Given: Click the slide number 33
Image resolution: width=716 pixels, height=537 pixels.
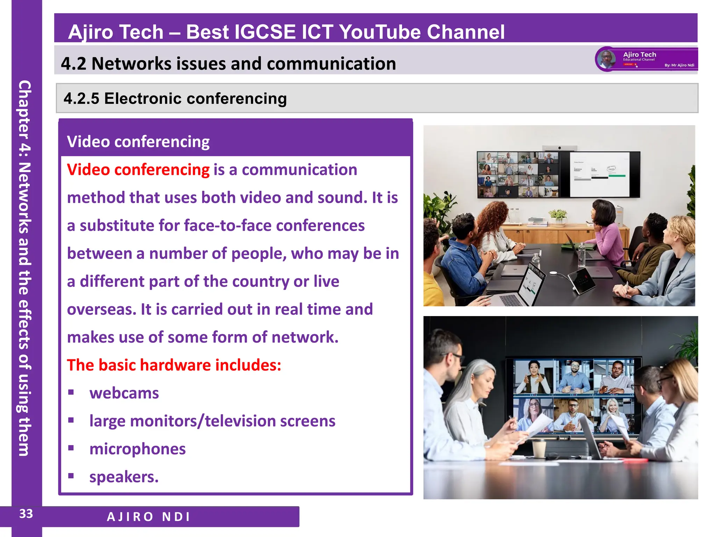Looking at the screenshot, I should click(26, 514).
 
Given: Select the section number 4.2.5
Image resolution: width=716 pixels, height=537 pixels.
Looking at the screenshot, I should click(81, 99).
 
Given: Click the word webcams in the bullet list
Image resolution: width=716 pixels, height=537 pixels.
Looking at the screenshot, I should click(124, 393).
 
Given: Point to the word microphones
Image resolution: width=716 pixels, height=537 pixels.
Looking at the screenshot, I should click(137, 449).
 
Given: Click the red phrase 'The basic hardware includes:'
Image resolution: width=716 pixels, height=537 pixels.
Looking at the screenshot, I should click(174, 365).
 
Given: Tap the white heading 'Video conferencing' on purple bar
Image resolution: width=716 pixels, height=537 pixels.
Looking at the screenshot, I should click(138, 142).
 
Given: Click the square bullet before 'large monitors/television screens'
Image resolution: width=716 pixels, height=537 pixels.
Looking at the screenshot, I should click(71, 420).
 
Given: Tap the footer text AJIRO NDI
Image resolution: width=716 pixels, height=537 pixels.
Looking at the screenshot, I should click(149, 517).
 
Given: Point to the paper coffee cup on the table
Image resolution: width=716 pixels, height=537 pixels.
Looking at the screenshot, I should click(539, 449).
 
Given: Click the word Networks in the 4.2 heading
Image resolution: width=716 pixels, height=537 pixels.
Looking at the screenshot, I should click(131, 64).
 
